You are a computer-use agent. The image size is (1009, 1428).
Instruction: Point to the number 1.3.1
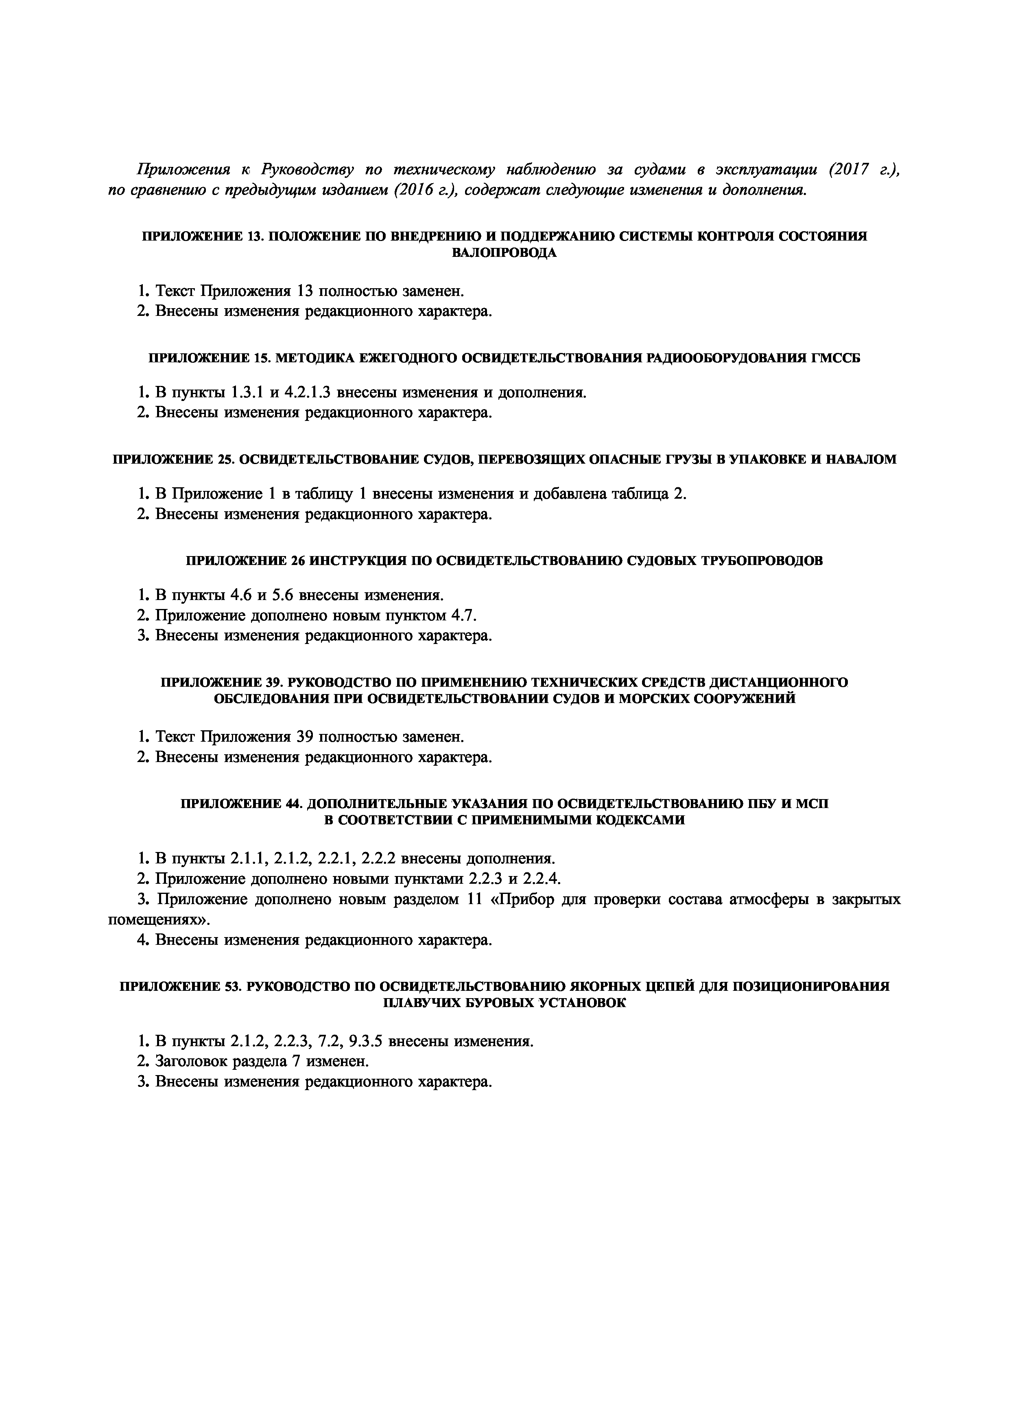pos(247,392)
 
